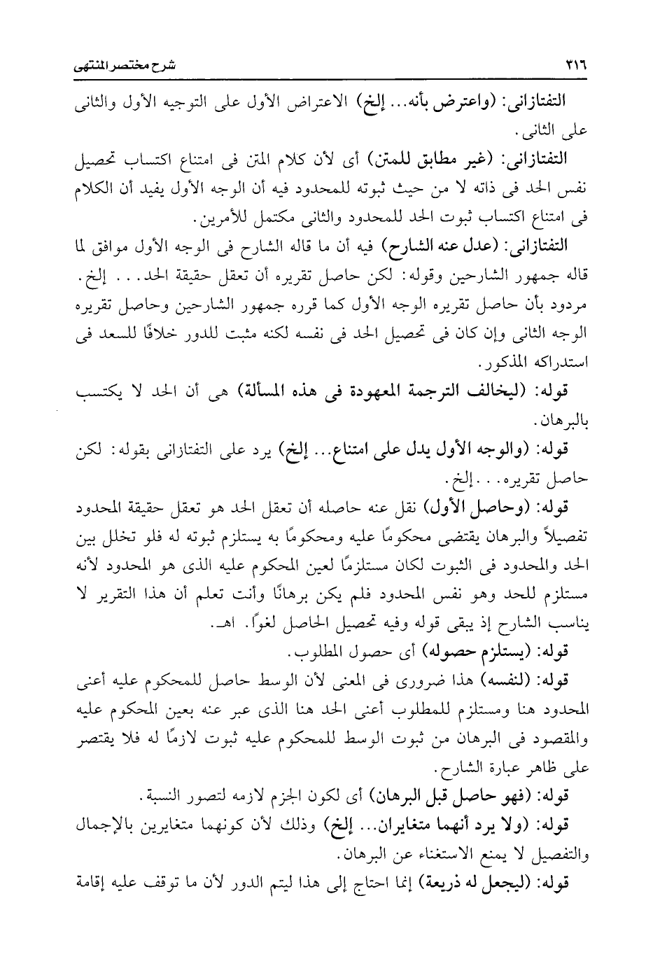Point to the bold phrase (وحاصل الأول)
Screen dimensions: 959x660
pos(485,504)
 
